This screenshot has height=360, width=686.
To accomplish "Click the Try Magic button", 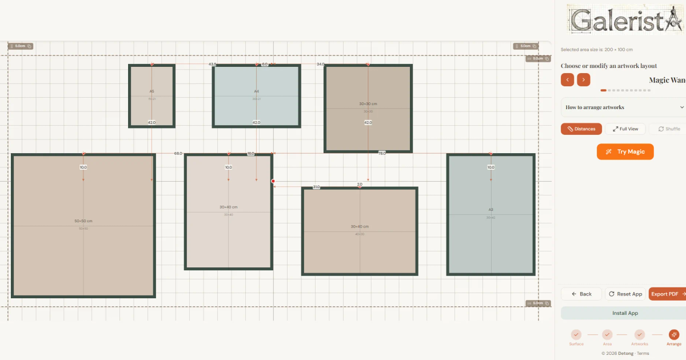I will pos(625,151).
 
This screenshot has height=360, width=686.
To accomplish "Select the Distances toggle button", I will pos(581,129).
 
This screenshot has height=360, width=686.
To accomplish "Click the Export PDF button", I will pos(668,294).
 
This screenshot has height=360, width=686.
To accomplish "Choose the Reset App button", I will pos(625,294).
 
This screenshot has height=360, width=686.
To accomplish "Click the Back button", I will pos(581,294).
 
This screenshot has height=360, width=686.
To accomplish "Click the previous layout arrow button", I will pos(567,80).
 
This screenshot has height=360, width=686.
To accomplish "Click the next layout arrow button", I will pos(583,80).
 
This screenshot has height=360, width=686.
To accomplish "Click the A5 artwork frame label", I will pos(152,91).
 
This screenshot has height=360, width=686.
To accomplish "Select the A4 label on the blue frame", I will pos(257,91).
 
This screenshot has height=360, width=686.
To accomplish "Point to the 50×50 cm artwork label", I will pos(83,221).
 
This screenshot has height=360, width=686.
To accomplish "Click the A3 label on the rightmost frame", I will pos(490,210).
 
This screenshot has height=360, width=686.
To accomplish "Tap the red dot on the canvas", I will pos(273,181).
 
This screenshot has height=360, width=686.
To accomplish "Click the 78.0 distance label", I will pos(382,153).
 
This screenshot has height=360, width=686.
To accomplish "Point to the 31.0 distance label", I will pos(316,187).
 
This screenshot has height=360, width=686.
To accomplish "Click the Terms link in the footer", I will pos(643,353).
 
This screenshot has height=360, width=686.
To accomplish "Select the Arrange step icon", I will pos(674,335).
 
